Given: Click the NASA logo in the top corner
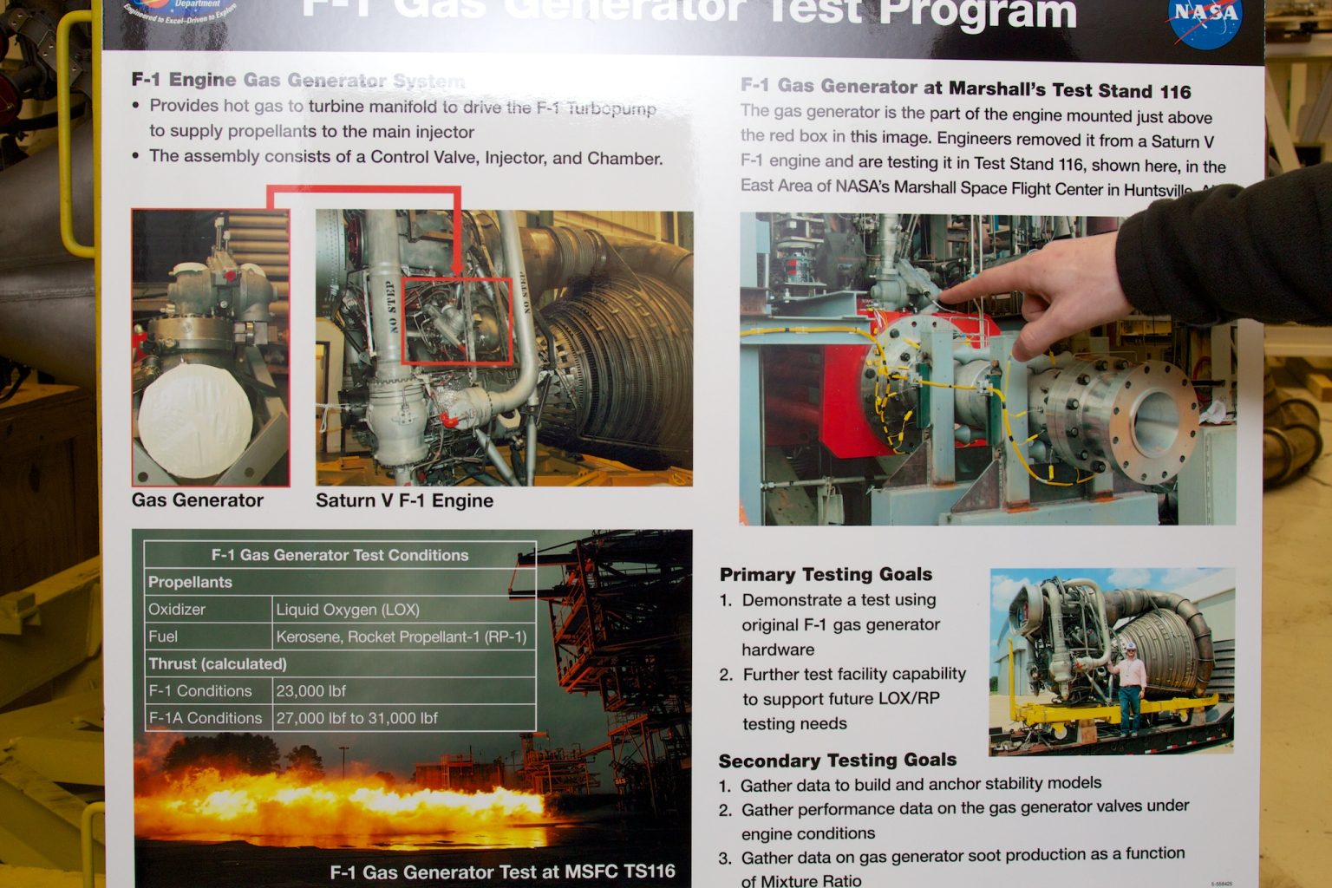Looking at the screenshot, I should point(1205,19).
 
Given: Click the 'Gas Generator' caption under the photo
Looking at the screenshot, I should point(197,500).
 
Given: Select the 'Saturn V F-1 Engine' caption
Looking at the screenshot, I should point(404,500).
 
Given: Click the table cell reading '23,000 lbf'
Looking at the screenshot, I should point(310,691).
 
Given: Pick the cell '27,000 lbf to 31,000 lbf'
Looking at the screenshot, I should point(356,718).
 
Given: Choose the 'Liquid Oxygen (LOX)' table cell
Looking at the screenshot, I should point(347,610).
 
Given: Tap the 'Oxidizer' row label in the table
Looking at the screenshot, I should point(177,610).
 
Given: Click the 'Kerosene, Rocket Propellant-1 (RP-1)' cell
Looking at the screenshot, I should point(401,637).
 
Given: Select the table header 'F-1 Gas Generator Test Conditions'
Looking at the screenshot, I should point(339,555).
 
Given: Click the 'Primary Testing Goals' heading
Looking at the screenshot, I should point(826,574).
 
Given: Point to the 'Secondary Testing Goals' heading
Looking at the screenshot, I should point(837,761).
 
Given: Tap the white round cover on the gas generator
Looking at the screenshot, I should point(195,420).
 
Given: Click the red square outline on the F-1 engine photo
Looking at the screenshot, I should point(457,320).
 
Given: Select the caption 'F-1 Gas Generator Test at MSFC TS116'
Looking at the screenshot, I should point(502,872).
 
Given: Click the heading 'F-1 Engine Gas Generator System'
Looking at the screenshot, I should point(297,81).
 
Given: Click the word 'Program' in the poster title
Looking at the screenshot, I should point(977,13).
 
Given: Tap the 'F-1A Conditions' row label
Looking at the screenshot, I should point(205,718).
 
